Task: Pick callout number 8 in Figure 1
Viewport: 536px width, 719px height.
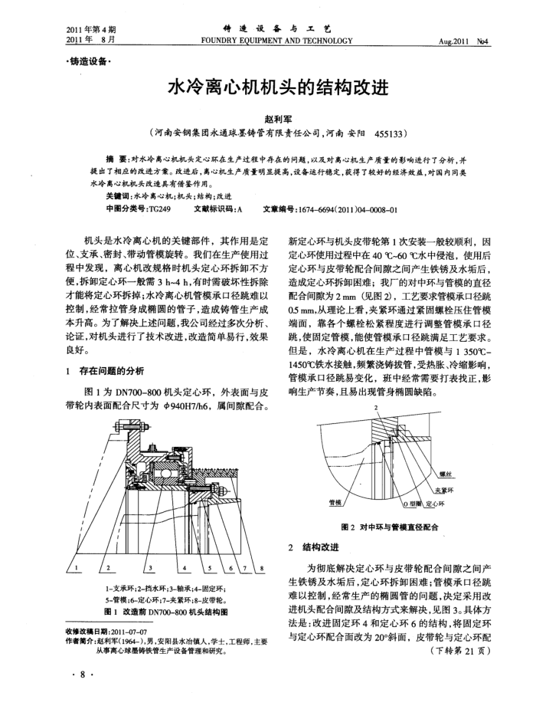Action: tap(262, 567)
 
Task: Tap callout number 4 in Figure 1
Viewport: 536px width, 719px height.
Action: tap(186, 567)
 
